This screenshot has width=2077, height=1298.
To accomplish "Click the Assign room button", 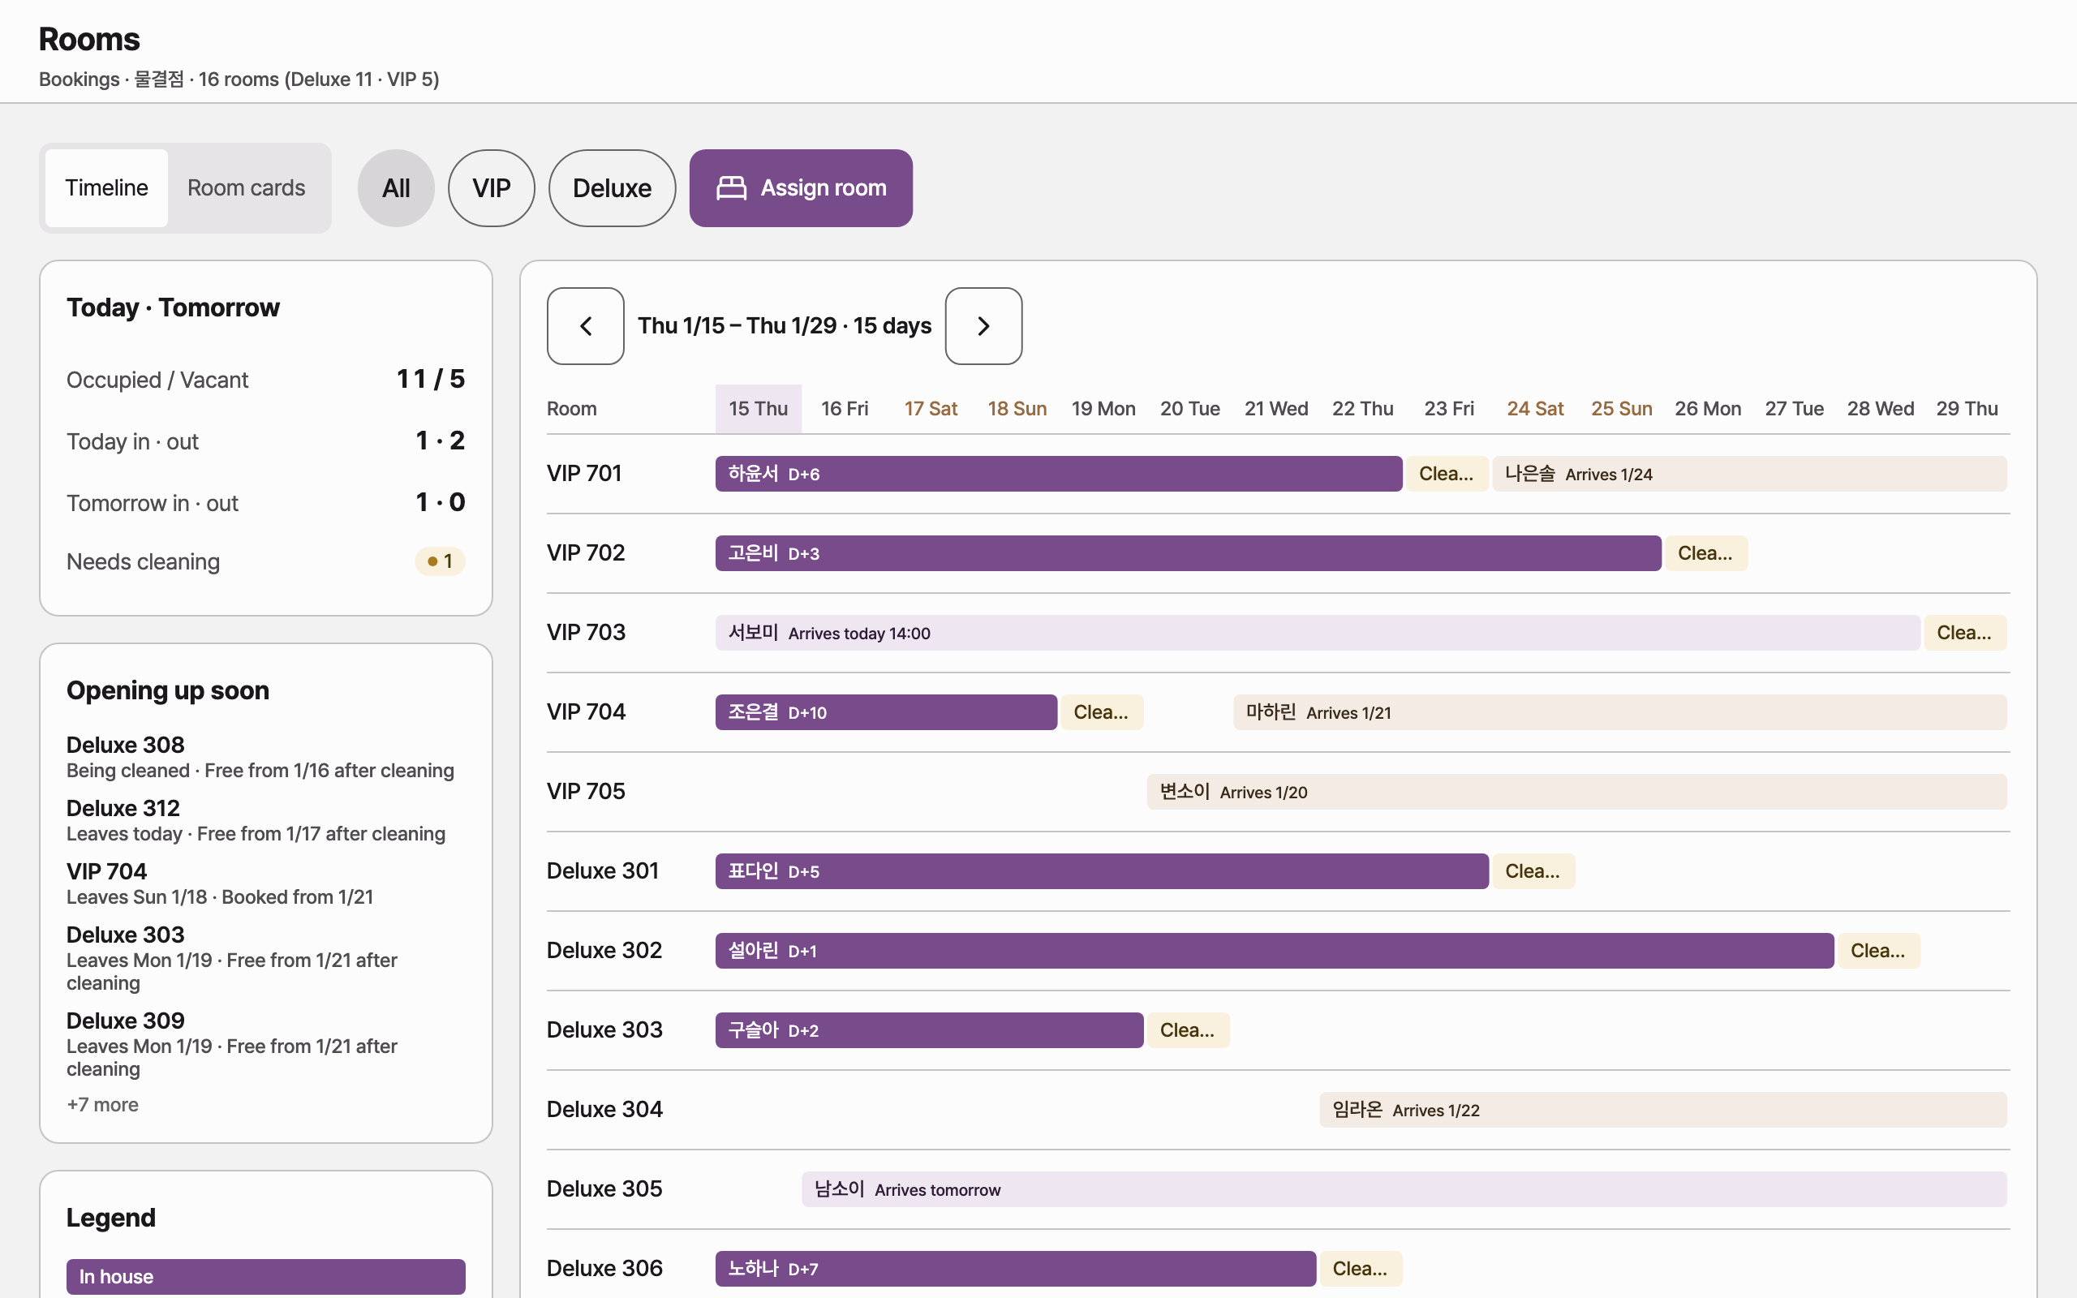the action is pyautogui.click(x=801, y=188).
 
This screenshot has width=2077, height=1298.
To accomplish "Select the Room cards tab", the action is pyautogui.click(x=247, y=188).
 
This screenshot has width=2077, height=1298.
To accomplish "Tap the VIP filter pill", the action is pyautogui.click(x=492, y=188).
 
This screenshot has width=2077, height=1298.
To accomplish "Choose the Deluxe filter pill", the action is pyautogui.click(x=612, y=188).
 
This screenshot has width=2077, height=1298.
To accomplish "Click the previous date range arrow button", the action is pyautogui.click(x=585, y=326).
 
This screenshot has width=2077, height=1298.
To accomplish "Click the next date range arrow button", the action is pyautogui.click(x=983, y=326).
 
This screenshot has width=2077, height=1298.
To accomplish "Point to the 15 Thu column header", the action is pyautogui.click(x=759, y=409).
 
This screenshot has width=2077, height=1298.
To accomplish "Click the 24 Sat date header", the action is pyautogui.click(x=1535, y=409).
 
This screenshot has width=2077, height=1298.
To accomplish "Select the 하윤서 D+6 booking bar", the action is pyautogui.click(x=1059, y=474).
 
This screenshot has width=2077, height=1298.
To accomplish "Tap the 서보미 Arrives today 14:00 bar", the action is pyautogui.click(x=1318, y=633).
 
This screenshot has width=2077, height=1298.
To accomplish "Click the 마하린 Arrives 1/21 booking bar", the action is pyautogui.click(x=1619, y=712).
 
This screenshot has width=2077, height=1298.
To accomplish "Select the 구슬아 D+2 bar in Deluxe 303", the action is pyautogui.click(x=930, y=1030).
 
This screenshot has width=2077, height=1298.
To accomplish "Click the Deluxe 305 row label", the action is pyautogui.click(x=605, y=1189).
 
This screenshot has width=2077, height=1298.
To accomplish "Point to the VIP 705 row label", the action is pyautogui.click(x=587, y=792).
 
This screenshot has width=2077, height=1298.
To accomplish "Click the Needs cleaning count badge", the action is pyautogui.click(x=441, y=561).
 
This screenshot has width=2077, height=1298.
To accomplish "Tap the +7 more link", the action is pyautogui.click(x=103, y=1105).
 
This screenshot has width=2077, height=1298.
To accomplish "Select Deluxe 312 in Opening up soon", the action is pyautogui.click(x=123, y=809).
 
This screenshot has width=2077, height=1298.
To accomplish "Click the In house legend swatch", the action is pyautogui.click(x=266, y=1277).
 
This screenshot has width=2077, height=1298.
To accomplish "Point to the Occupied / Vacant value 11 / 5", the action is pyautogui.click(x=431, y=380).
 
